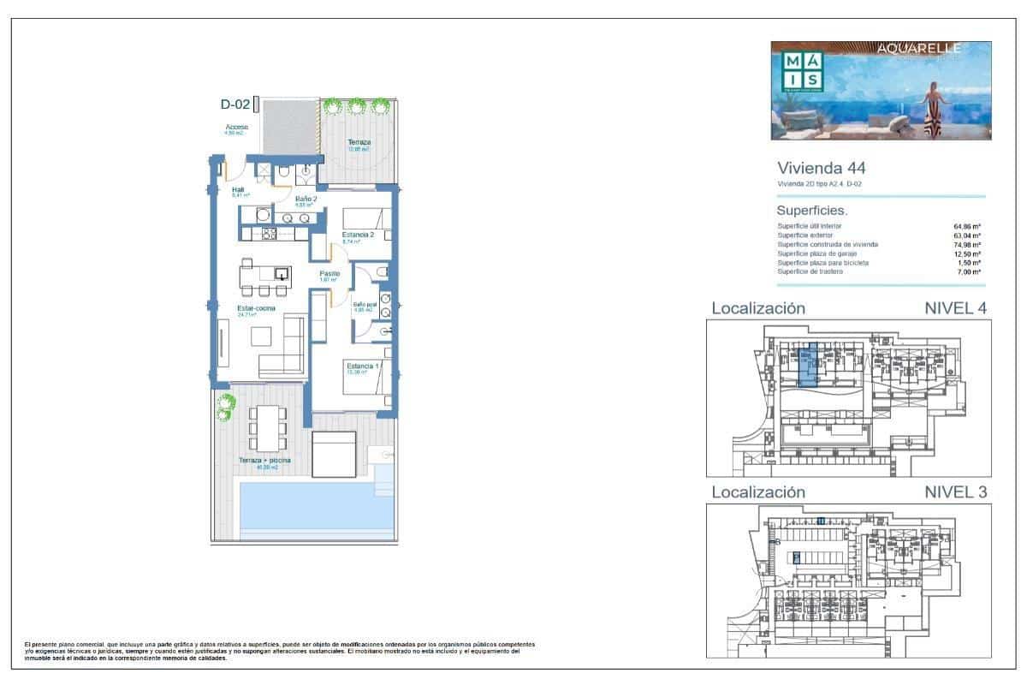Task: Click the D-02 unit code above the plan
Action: (234, 105)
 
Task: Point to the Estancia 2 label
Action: (359, 235)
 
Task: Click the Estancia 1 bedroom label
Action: (359, 367)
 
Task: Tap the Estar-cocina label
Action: (256, 310)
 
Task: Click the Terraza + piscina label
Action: (264, 462)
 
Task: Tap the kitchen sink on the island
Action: (280, 275)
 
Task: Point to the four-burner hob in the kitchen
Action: (268, 234)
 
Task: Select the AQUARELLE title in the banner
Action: (919, 49)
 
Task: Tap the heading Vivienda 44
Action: (809, 168)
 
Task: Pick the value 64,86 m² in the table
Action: (967, 226)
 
